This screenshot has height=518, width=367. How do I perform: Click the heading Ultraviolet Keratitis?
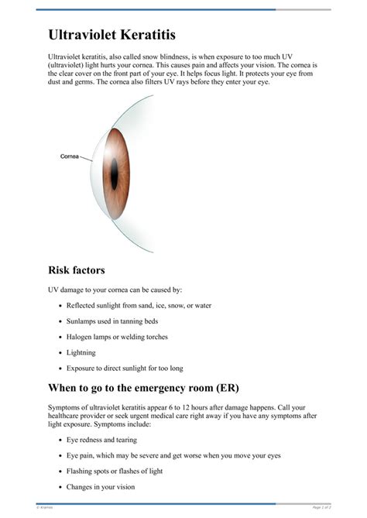pyautogui.click(x=111, y=35)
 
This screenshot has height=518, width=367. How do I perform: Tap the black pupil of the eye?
pyautogui.click(x=114, y=173)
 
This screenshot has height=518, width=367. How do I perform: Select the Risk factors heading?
pyautogui.click(x=77, y=270)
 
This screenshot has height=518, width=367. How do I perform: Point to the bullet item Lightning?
pyautogui.click(x=81, y=352)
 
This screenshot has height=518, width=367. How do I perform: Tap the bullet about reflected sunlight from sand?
pyautogui.click(x=139, y=305)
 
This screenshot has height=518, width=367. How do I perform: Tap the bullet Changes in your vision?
pyautogui.click(x=100, y=487)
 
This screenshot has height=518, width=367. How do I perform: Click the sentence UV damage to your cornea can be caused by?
pyautogui.click(x=115, y=290)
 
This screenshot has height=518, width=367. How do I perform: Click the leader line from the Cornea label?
pyautogui.click(x=86, y=158)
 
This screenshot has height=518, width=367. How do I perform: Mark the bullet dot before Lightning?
pyautogui.click(x=60, y=353)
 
